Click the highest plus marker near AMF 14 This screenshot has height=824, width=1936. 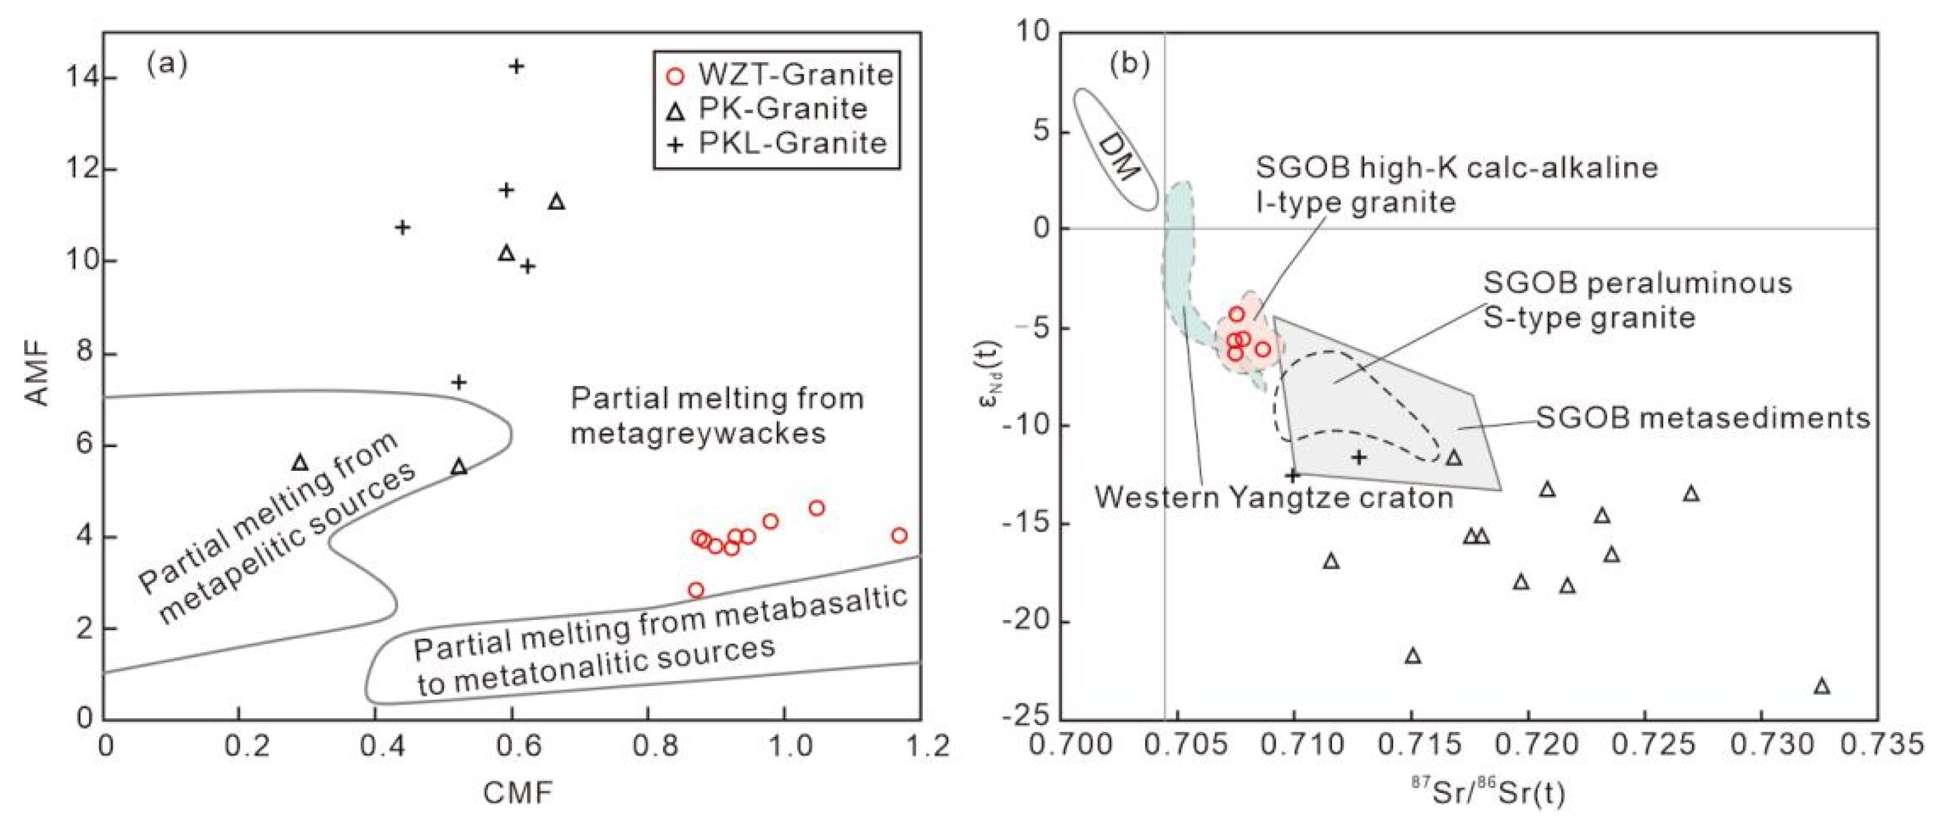(515, 66)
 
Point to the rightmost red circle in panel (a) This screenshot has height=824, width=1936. (899, 535)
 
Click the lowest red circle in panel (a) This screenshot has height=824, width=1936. (696, 590)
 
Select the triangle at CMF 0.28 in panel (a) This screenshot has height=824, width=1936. (300, 463)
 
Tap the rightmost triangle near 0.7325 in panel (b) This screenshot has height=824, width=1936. (1821, 687)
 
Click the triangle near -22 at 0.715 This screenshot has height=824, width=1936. (1413, 655)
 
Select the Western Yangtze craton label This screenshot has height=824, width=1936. (1274, 496)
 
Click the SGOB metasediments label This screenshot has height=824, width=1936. (1703, 418)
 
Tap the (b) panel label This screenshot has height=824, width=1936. (1130, 64)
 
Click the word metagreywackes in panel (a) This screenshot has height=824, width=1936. (698, 433)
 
